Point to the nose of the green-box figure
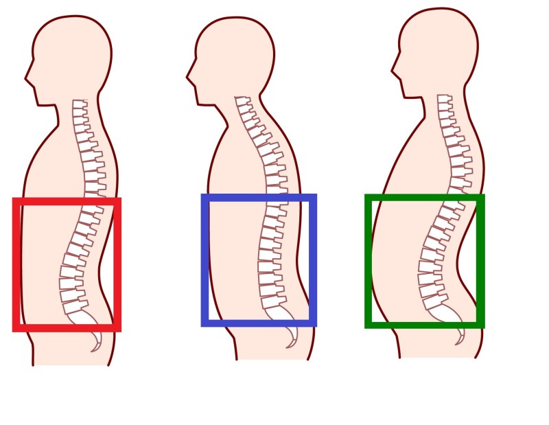(x=393, y=69)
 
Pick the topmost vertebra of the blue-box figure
(x=242, y=100)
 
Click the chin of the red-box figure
(x=40, y=104)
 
